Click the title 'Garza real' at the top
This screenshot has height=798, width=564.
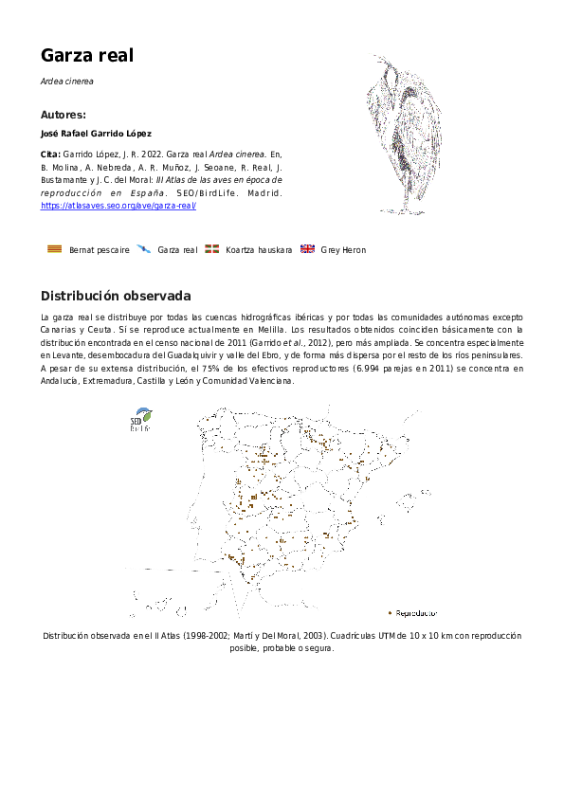[x=87, y=56]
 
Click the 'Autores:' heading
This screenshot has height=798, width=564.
[x=64, y=115]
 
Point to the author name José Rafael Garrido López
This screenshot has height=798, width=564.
[x=96, y=134]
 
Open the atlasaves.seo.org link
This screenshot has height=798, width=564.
[x=118, y=206]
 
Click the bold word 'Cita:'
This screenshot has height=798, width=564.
[x=51, y=153]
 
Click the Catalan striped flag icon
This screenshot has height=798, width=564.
[x=55, y=249]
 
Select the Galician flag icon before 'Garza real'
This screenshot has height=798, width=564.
[x=143, y=249]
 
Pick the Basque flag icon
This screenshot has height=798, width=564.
[x=212, y=249]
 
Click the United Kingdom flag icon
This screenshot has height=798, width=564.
[x=307, y=249]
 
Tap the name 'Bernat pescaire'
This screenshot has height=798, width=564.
[x=100, y=250]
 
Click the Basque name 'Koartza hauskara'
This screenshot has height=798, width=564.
[x=259, y=250]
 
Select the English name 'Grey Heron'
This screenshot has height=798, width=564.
[x=343, y=250]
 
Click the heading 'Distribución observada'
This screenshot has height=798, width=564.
[x=116, y=296]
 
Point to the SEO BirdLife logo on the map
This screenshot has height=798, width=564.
[x=140, y=421]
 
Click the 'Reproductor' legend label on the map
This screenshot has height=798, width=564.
[x=416, y=613]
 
